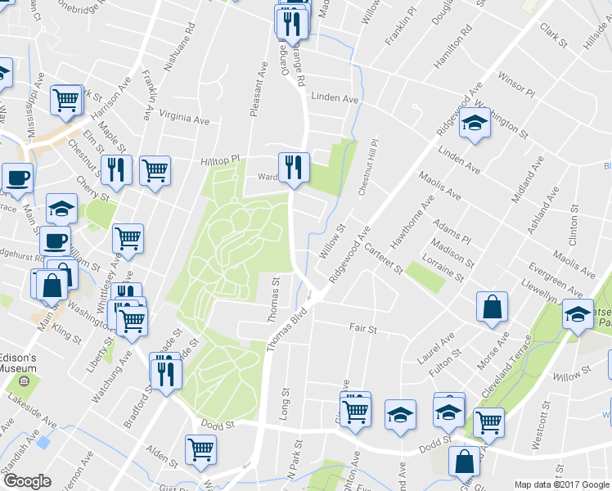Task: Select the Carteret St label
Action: [384, 258]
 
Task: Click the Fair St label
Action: [362, 329]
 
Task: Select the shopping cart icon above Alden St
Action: [201, 448]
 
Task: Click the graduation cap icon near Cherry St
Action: [61, 209]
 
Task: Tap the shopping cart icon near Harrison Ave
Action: [65, 100]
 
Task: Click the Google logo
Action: [26, 482]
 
